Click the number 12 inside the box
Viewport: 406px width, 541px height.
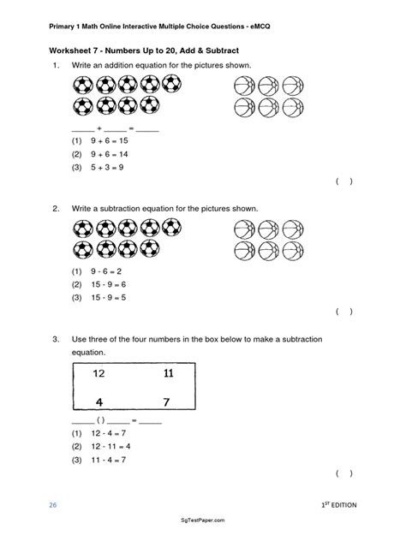point(99,374)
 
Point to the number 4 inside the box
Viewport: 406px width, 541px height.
point(99,401)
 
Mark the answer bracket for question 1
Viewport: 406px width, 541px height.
point(343,181)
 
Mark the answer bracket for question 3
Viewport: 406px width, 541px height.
point(343,473)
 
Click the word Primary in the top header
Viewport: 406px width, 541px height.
point(64,24)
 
